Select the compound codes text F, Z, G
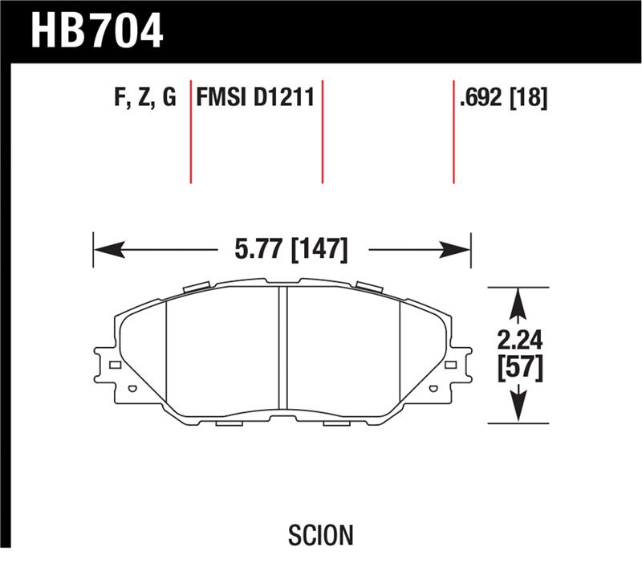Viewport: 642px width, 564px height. tap(145, 99)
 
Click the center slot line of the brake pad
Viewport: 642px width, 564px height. tap(282, 345)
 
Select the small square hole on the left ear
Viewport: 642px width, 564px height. tap(115, 366)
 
